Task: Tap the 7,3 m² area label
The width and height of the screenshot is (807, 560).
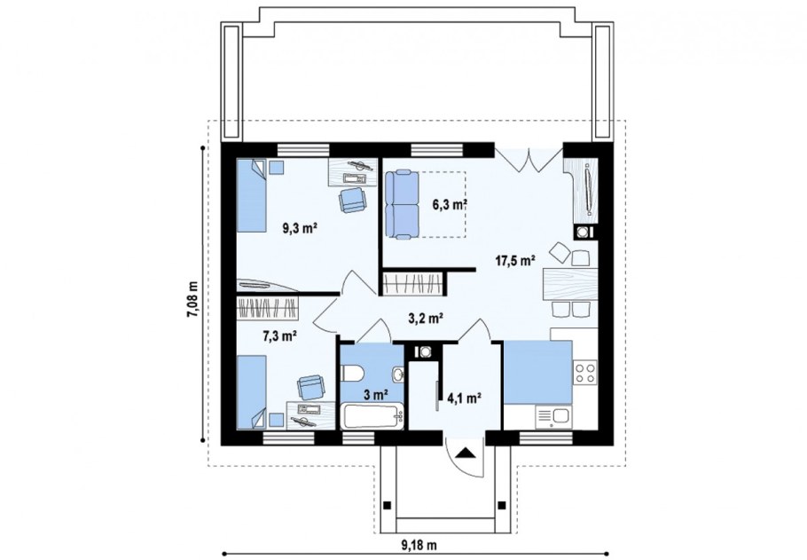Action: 279,336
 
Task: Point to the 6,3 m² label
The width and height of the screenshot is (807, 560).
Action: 450,204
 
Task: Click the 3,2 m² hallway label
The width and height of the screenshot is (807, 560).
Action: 427,319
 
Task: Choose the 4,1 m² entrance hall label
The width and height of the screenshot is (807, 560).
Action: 464,398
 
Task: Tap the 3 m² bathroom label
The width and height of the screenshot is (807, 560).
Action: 375,395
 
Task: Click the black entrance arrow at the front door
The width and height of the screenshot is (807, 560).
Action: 466,453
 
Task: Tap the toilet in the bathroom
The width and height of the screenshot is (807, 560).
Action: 353,373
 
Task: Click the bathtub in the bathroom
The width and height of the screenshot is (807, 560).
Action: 372,417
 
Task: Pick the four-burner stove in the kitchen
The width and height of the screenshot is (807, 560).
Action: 585,373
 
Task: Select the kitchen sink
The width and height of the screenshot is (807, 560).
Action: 552,416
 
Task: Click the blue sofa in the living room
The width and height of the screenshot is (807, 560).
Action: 402,205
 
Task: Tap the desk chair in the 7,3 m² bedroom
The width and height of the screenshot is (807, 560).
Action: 311,387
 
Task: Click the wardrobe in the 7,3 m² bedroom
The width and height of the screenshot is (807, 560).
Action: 268,308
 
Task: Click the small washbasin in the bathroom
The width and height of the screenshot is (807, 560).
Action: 398,373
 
